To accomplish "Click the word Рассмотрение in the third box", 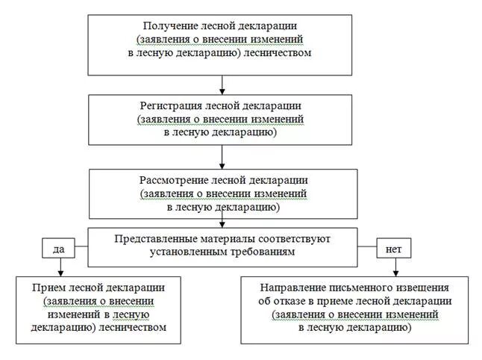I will point(173,181).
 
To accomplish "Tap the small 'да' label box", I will point(60,246).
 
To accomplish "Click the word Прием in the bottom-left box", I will point(46,288).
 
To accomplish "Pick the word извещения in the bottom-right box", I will point(421,288).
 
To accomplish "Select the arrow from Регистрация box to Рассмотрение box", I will point(222,156).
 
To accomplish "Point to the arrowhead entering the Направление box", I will point(395,273).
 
